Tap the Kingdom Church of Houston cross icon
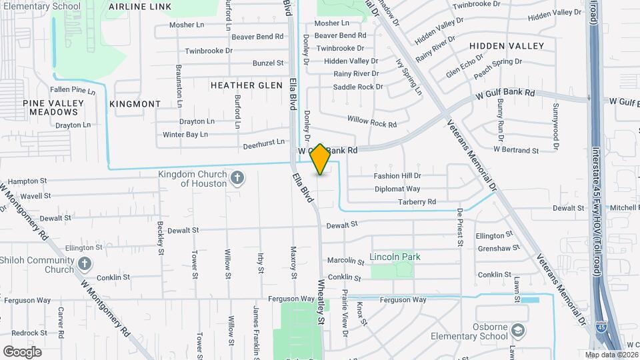click(237, 178)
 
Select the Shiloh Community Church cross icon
click(84, 264)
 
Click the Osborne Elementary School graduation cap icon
click(518, 331)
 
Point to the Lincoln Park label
click(395, 257)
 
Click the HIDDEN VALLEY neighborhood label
click(507, 46)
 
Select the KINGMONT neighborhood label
click(135, 104)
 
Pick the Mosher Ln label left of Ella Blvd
click(187, 25)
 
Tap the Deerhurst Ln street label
click(264, 142)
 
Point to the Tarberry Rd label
click(417, 201)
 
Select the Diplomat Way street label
click(397, 189)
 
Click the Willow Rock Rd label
click(372, 121)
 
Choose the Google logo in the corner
click(23, 351)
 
